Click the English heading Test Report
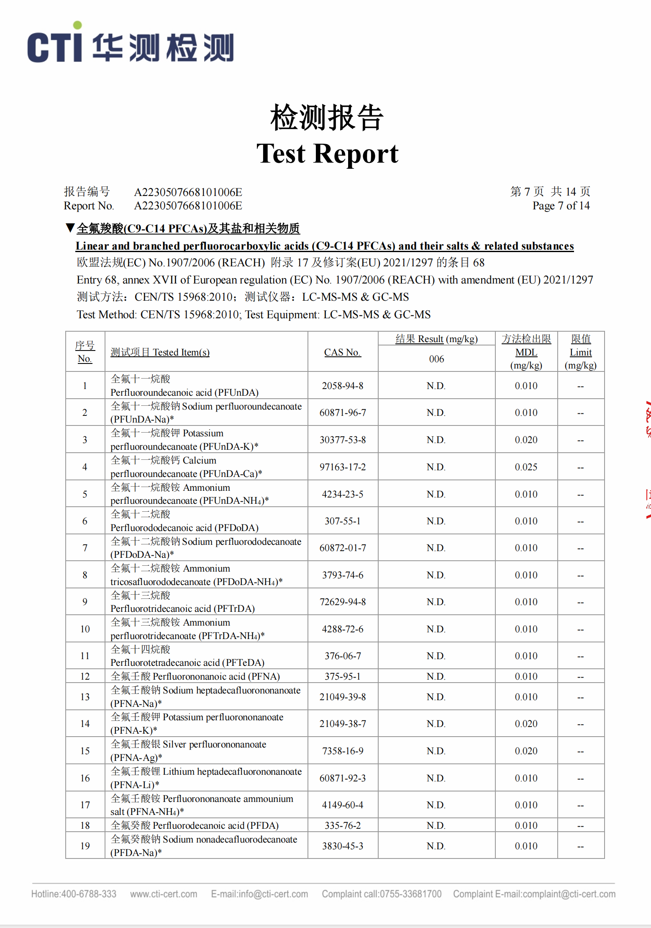point(327,153)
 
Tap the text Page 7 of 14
point(561,206)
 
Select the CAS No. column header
point(342,352)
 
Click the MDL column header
point(526,352)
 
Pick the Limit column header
point(580,352)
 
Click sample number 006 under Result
point(436,359)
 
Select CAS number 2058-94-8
point(342,386)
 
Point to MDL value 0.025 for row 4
point(526,467)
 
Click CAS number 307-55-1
point(342,521)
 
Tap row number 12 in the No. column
point(85,676)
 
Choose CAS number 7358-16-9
point(342,751)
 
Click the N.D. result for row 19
point(436,846)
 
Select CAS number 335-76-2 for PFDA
point(342,825)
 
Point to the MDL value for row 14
point(526,724)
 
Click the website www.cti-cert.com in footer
point(164,894)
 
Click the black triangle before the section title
point(70,228)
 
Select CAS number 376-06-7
point(342,656)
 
